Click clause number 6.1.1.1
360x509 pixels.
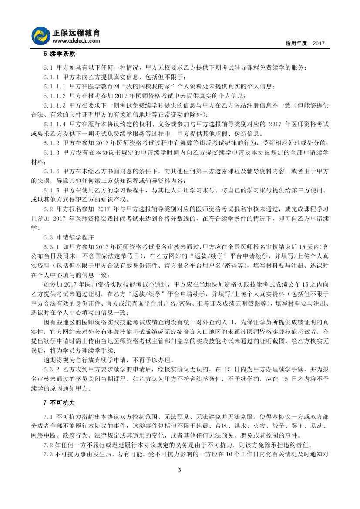[55, 86]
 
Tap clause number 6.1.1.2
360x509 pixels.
[55, 96]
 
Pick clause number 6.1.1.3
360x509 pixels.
[55, 105]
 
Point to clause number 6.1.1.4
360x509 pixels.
[55, 124]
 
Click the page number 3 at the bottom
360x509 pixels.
[180, 469]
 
